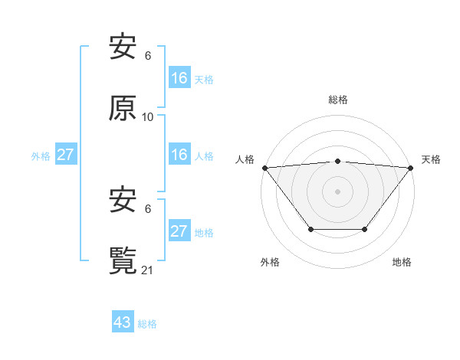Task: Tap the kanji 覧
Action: tap(123, 260)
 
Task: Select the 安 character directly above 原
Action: tap(123, 47)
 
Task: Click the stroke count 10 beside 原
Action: tap(148, 117)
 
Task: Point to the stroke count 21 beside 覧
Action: tap(148, 270)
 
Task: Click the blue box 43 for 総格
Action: tap(123, 322)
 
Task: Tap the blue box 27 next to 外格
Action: tap(65, 155)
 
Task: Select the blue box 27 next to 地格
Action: tap(179, 231)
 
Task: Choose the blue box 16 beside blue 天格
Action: tap(179, 78)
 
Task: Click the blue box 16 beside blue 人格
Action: tap(179, 155)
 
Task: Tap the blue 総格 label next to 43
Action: tap(147, 324)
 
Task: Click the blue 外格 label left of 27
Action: tap(41, 155)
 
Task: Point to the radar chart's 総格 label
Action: tap(338, 100)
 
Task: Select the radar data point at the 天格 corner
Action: tap(412, 167)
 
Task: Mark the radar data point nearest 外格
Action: tap(310, 229)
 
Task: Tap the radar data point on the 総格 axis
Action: tap(338, 161)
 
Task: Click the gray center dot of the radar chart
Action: tap(338, 191)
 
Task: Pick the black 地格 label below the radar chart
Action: tap(402, 262)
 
